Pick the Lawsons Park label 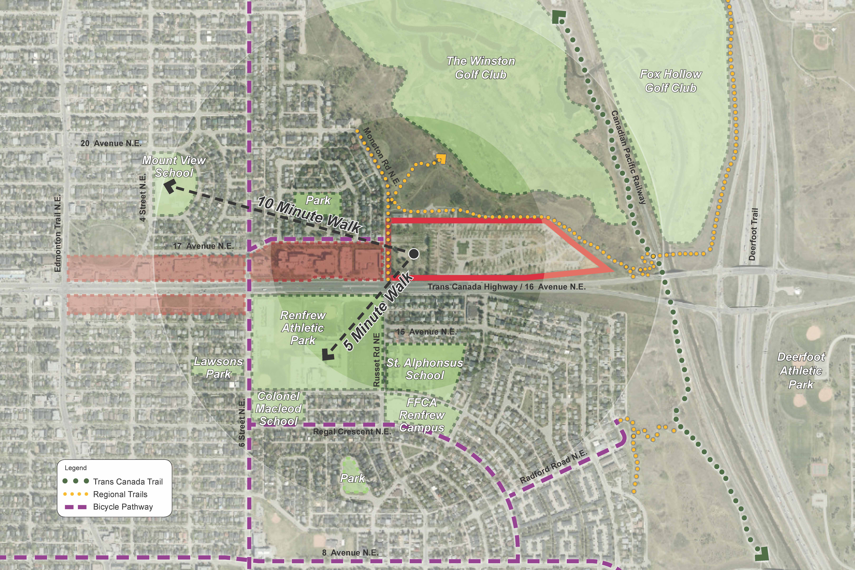pyautogui.click(x=218, y=368)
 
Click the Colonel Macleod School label pyautogui.click(x=278, y=409)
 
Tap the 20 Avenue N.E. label pyautogui.click(x=111, y=143)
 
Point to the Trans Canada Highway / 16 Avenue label pyautogui.click(x=506, y=287)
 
